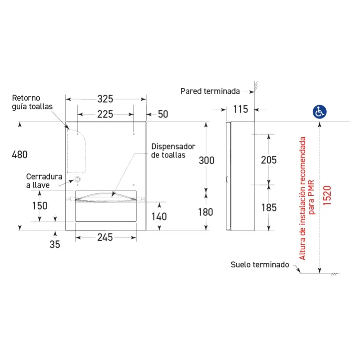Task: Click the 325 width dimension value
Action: click(x=105, y=99)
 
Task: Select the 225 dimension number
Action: click(x=105, y=114)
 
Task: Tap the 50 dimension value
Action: click(x=163, y=114)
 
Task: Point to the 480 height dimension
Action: click(x=20, y=154)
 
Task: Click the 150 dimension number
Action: click(x=40, y=206)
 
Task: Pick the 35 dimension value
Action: click(x=55, y=244)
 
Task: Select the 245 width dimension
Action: click(x=105, y=238)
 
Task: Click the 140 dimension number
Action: click(x=159, y=216)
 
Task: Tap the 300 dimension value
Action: click(x=207, y=161)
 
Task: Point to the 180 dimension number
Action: click(x=206, y=212)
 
